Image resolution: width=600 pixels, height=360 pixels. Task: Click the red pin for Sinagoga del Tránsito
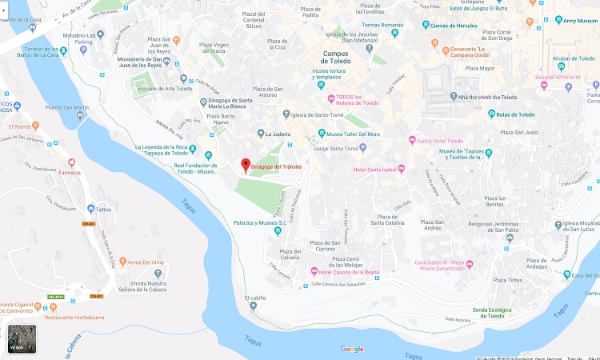point(246,165)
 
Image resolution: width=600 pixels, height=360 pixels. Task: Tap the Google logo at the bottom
point(352,349)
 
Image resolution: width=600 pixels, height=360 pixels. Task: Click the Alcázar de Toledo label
point(571,58)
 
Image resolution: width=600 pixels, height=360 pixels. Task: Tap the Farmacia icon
point(71,162)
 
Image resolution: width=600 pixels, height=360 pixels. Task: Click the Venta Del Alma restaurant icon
point(122,262)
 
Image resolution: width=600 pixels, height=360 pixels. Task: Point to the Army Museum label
point(582,20)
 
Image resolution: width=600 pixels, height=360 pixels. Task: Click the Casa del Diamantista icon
point(566,274)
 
